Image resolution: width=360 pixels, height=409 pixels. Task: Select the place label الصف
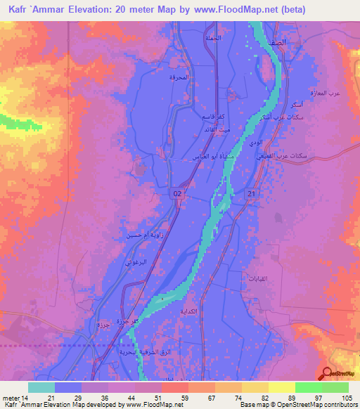coord(277,43)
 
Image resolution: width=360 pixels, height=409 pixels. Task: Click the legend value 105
coord(347,398)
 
